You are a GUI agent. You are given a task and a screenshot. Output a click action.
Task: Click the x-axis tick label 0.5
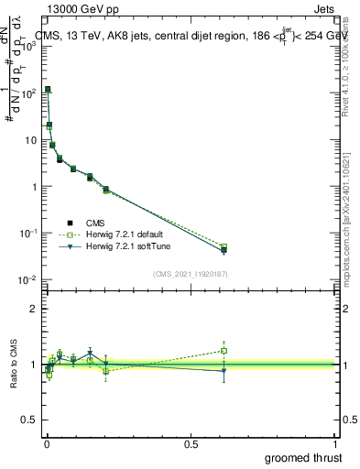coord(191,443)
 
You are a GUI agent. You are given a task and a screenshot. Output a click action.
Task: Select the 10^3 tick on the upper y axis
coord(27,46)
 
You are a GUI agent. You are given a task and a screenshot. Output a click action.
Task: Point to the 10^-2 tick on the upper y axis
coord(27,279)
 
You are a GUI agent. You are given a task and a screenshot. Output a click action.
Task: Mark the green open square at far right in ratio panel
coord(224,350)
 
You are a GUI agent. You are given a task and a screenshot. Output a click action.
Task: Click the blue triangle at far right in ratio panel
coord(224,371)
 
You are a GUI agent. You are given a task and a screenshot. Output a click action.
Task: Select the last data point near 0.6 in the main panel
coord(224,248)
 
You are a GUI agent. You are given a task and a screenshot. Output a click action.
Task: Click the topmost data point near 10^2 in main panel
coord(48,90)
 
